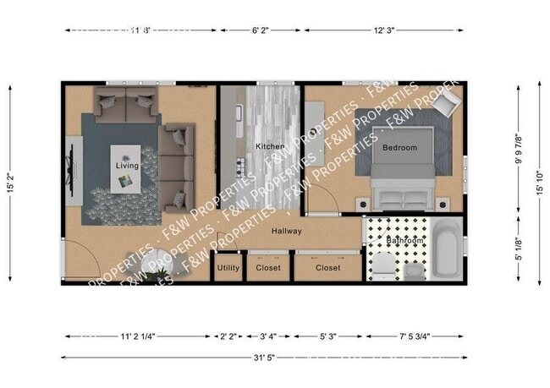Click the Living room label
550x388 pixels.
click(127, 166)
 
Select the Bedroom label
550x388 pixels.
click(399, 148)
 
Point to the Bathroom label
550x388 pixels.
click(404, 241)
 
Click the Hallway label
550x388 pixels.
click(288, 230)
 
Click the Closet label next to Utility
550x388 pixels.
click(268, 268)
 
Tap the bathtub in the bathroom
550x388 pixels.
click(445, 249)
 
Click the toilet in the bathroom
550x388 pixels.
click(382, 264)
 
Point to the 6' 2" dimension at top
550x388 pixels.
click(261, 30)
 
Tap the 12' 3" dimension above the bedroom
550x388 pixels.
click(384, 30)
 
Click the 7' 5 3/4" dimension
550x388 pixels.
click(425, 336)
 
